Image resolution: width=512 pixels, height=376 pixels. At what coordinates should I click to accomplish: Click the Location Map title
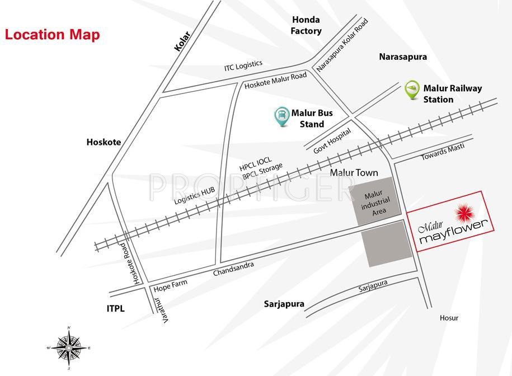[x=53, y=35]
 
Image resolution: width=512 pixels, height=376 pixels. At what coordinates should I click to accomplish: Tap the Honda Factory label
[x=306, y=25]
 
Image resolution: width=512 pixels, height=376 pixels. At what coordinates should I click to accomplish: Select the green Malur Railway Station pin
[x=412, y=90]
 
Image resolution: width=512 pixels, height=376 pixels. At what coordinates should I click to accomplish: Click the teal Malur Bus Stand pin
[x=281, y=116]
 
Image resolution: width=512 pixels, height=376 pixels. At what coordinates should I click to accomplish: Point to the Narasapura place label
[x=403, y=57]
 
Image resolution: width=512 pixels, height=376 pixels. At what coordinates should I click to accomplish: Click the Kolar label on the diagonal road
[x=182, y=42]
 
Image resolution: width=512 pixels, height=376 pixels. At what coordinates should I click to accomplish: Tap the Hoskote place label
[x=104, y=142]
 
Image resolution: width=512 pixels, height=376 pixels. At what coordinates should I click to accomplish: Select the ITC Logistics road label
[x=243, y=65]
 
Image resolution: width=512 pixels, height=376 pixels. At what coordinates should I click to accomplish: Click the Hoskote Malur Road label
[x=276, y=81]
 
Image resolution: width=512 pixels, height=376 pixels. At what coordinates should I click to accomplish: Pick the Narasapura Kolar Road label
[x=342, y=45]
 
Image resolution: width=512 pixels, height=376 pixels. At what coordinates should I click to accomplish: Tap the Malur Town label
[x=354, y=172]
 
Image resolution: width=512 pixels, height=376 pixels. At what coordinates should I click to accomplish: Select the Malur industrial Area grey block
[x=375, y=201]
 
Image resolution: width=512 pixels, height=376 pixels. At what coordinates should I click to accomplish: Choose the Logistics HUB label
[x=194, y=198]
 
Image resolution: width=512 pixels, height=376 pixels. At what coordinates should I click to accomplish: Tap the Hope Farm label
[x=170, y=284]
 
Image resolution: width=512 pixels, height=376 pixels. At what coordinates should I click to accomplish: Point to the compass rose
[x=69, y=347]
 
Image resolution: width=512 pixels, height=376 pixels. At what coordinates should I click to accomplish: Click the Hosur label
[x=449, y=318]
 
